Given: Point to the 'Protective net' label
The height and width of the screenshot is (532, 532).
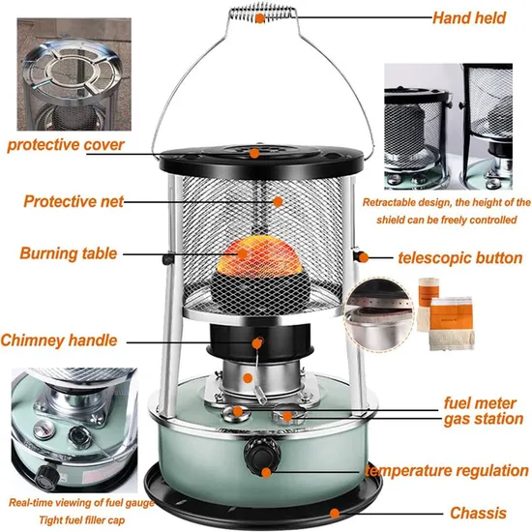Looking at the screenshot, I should [x=76, y=202].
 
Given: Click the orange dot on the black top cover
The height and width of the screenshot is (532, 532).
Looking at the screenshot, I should [x=253, y=152].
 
